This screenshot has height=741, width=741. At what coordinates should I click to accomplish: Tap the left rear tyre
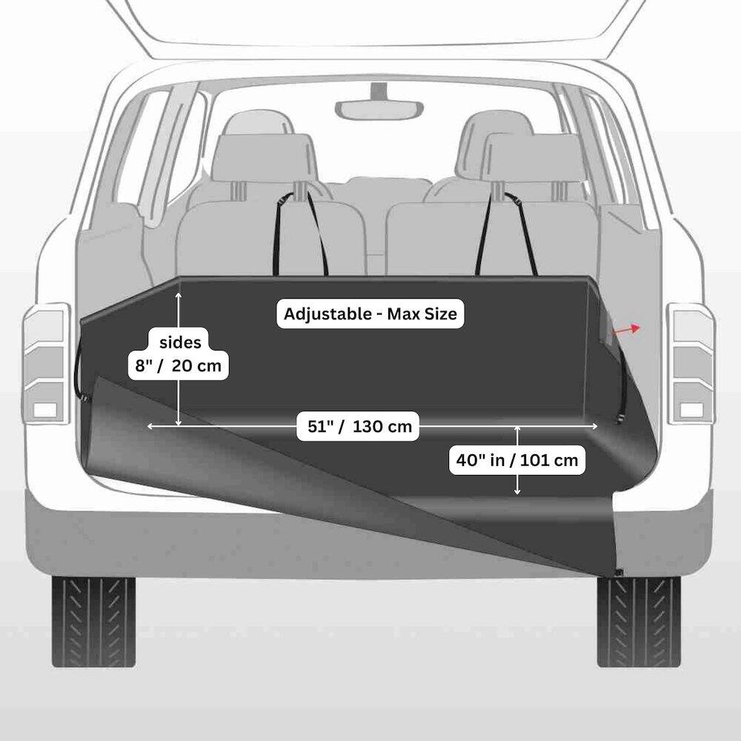point(93,621)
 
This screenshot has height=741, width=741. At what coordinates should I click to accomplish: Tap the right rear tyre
point(639,621)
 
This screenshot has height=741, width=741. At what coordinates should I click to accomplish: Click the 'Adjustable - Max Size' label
point(370,313)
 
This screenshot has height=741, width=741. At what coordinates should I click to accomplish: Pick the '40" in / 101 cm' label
point(517,460)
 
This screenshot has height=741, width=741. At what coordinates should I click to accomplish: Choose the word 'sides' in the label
point(179,343)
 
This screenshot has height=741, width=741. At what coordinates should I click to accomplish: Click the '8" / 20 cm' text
point(179,365)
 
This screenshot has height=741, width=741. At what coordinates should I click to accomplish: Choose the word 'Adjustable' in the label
point(325,313)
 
